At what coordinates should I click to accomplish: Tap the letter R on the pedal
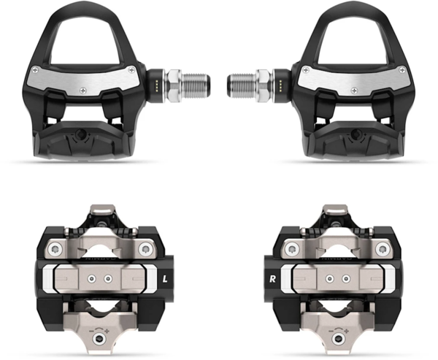point(272,278)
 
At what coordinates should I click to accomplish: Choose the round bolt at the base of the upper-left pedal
point(80,136)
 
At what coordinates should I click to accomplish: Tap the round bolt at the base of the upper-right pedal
point(358,136)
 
